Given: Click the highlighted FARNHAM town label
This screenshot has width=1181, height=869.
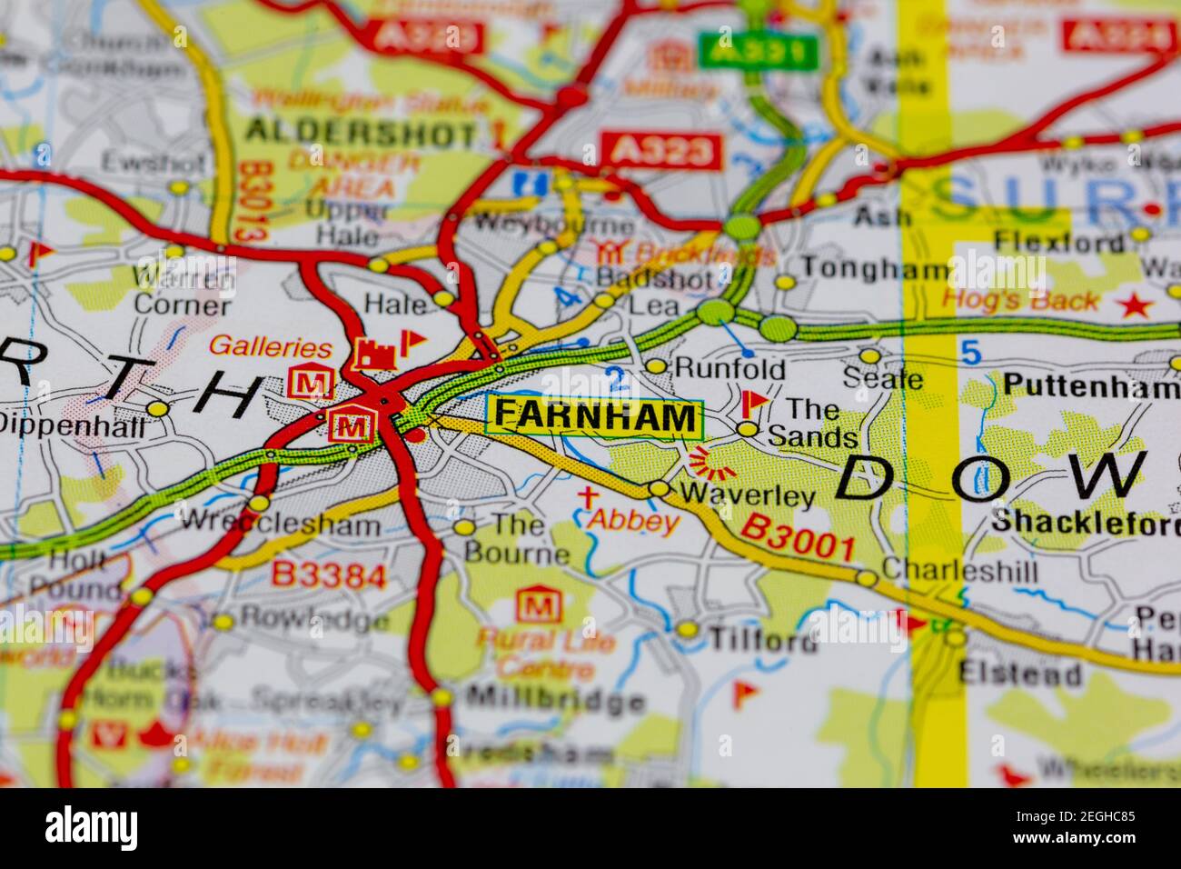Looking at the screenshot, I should (x=595, y=417).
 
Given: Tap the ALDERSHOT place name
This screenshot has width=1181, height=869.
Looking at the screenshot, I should (x=361, y=133).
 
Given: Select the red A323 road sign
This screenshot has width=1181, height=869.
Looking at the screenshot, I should (x=662, y=151).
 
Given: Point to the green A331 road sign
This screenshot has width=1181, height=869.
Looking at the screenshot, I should (x=757, y=52).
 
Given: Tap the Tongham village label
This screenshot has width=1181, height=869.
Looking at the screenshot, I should (x=875, y=269).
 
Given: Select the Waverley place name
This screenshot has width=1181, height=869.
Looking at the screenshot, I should (x=747, y=495).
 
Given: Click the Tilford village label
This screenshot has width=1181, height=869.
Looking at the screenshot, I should (x=761, y=640).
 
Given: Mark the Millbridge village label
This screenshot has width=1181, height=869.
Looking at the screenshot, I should (x=554, y=701).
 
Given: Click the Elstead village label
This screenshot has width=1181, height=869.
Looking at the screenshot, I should (x=1020, y=674).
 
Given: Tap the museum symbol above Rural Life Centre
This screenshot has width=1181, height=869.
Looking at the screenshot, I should (x=535, y=605).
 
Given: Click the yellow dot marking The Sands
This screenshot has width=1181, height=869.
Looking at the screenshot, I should (x=747, y=428).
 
